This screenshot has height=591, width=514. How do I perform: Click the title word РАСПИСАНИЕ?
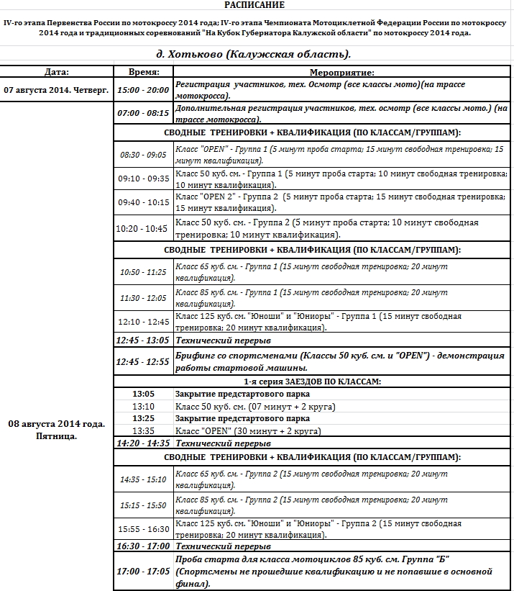259,5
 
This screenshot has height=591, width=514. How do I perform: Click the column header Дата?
56,72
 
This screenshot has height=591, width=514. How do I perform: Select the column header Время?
144,72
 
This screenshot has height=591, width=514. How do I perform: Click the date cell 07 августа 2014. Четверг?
56,90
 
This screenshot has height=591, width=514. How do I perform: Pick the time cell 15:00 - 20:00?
144,90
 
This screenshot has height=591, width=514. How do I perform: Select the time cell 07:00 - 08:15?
144,113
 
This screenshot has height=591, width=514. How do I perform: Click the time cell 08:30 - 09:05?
143,155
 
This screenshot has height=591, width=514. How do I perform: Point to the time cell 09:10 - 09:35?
143,179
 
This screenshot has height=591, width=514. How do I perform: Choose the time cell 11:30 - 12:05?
143,298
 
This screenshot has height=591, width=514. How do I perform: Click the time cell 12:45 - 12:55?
144,362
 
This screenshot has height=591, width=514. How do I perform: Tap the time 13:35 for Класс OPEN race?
144,431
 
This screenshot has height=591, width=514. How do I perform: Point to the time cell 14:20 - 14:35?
144,443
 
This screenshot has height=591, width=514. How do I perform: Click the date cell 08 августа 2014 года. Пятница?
56,430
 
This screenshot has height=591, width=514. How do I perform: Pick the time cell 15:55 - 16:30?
143,529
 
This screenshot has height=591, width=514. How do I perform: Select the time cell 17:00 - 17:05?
144,572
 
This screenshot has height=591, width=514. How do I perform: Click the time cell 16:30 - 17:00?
144,546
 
